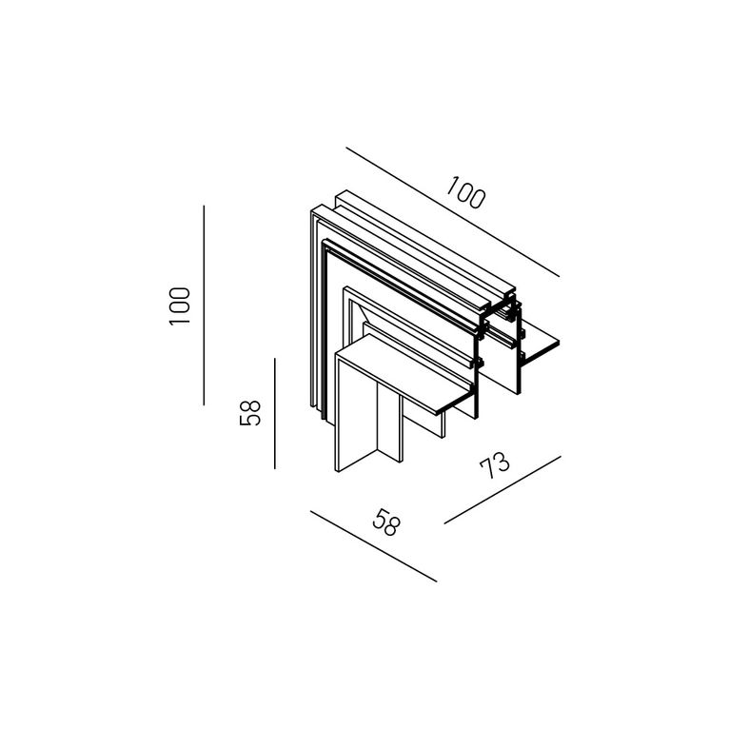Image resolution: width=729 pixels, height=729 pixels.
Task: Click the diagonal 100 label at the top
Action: click(465, 192)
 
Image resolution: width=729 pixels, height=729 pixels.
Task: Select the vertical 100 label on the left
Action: click(180, 306)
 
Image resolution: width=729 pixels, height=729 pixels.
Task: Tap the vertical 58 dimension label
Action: click(250, 413)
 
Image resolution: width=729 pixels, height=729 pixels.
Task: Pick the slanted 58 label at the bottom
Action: click(386, 522)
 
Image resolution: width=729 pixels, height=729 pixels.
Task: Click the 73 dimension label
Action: click(495, 465)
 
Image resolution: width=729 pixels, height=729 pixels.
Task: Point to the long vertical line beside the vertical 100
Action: click(204, 305)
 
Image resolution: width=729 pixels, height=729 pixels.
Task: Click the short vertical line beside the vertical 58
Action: click(275, 413)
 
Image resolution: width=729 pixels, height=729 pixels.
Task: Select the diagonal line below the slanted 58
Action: click(374, 546)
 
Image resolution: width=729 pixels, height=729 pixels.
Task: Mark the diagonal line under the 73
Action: click(502, 490)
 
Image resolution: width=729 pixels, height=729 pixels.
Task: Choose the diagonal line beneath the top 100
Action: click(453, 212)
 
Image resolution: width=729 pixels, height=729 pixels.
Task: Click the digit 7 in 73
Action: click(487, 469)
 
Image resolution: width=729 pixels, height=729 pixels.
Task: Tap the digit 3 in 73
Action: click(502, 462)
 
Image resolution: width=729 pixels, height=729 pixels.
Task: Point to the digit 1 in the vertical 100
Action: click(180, 321)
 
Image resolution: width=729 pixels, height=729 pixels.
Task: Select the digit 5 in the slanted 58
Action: click(380, 519)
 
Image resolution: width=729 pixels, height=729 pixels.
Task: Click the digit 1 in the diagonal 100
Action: click(451, 184)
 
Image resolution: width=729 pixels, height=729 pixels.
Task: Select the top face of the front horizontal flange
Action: click(404, 373)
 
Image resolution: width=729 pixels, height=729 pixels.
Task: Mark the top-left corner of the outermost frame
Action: click(311, 210)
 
